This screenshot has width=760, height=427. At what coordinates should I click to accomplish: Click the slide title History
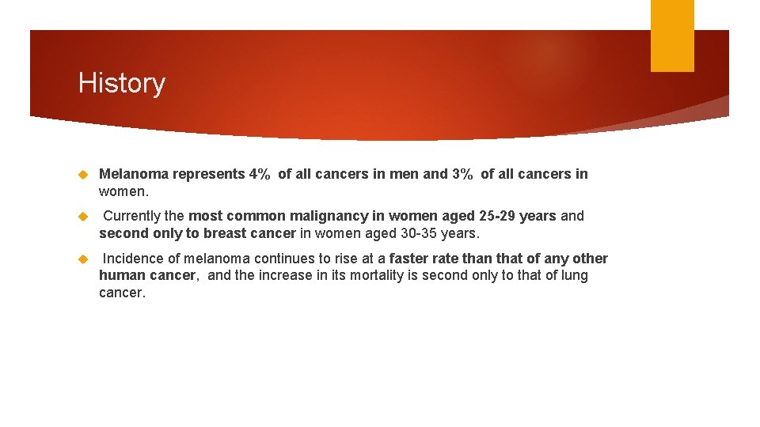tap(121, 83)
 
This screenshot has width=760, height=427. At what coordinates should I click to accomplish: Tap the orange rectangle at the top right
tap(671, 35)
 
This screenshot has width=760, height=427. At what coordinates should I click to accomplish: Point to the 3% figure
tap(462, 174)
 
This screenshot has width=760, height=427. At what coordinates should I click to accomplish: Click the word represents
tap(208, 174)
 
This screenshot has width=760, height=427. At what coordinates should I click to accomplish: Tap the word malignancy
tap(328, 216)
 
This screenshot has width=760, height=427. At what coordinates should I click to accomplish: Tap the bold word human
tap(121, 275)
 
